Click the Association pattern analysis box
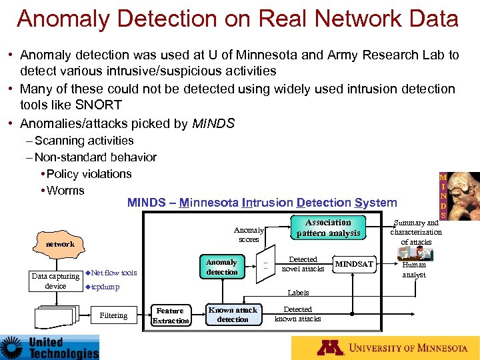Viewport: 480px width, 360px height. pyautogui.click(x=328, y=227)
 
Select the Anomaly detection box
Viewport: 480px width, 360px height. pyautogui.click(x=221, y=267)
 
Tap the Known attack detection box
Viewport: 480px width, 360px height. pyautogui.click(x=233, y=315)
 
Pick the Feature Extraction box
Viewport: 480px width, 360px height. pyautogui.click(x=171, y=315)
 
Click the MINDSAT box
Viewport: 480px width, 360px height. pyautogui.click(x=355, y=265)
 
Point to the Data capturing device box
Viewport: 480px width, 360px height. pyautogui.click(x=55, y=281)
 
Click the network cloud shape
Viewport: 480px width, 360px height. pyautogui.click(x=60, y=244)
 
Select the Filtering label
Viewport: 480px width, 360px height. pyautogui.click(x=113, y=315)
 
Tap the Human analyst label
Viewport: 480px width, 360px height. pyautogui.click(x=414, y=269)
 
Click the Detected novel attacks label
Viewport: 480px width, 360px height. pyautogui.click(x=303, y=264)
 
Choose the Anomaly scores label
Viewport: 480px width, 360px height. pyautogui.click(x=249, y=234)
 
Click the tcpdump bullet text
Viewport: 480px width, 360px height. pyautogui.click(x=105, y=287)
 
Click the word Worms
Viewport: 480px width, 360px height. pyautogui.click(x=65, y=191)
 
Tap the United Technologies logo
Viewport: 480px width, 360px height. pyautogui.click(x=50, y=347)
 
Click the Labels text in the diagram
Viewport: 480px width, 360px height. pyautogui.click(x=298, y=293)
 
